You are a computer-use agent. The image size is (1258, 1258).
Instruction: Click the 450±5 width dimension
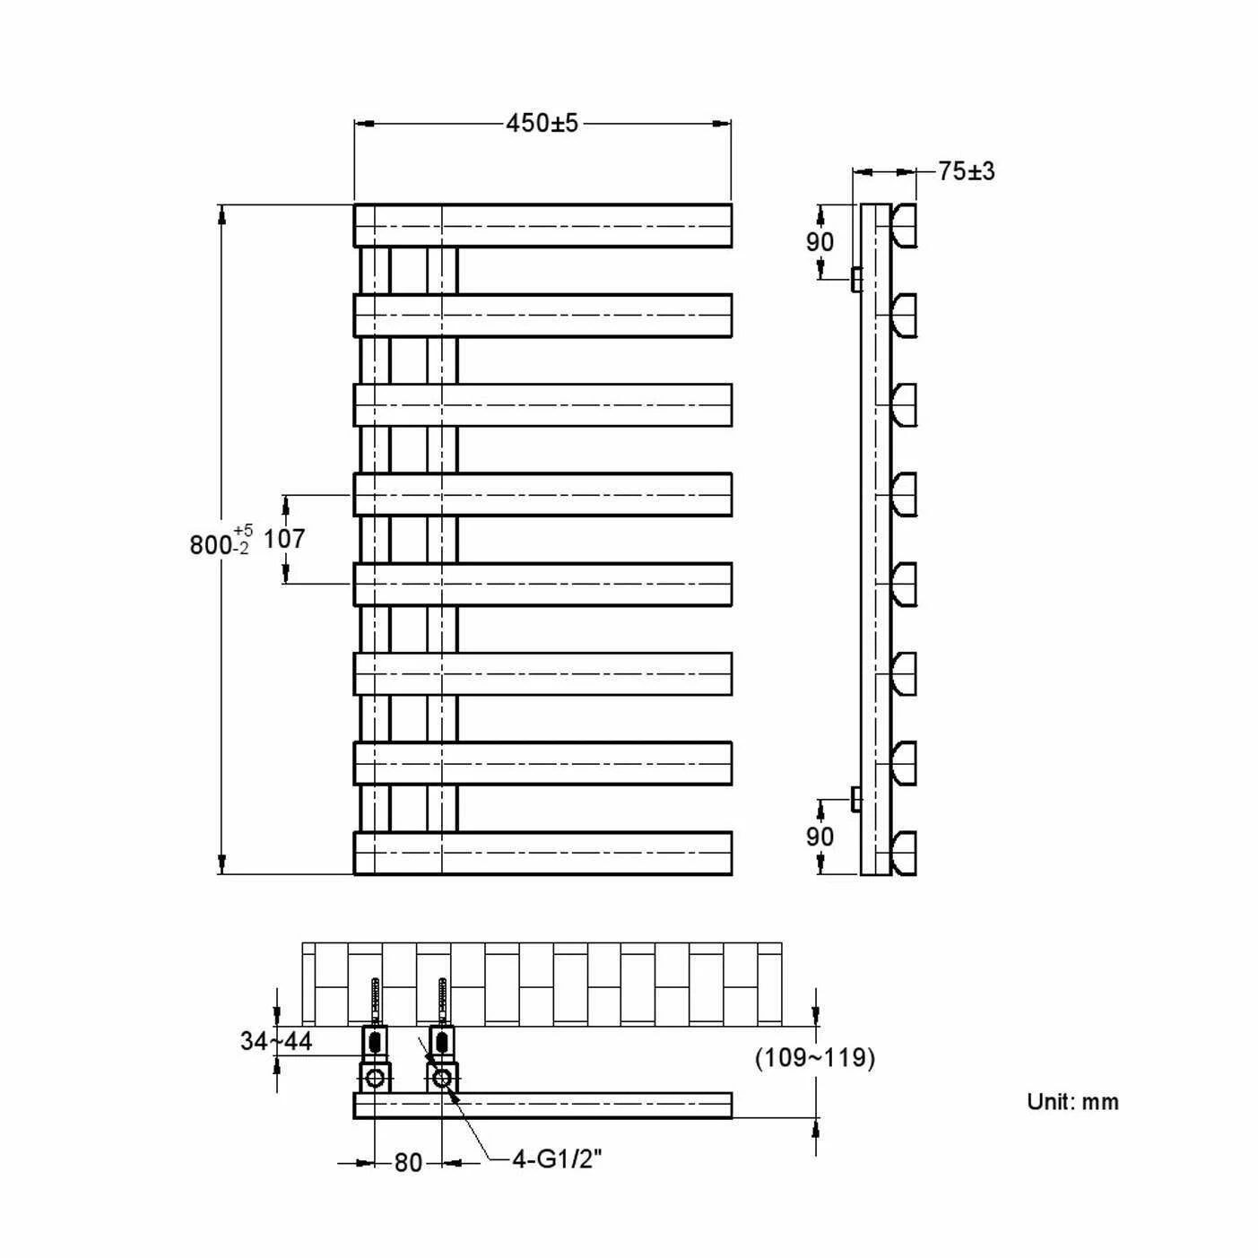pos(542,123)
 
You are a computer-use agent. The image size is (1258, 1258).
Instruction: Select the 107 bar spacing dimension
pos(284,538)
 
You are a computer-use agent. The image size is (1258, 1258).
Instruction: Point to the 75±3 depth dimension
pos(966,170)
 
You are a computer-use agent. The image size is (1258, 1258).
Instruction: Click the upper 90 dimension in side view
pos(820,241)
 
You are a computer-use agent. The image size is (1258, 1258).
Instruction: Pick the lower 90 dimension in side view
pos(820,836)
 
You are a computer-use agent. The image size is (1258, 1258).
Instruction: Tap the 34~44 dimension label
pos(275,1040)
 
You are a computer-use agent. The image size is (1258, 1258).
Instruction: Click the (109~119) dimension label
pos(814,1057)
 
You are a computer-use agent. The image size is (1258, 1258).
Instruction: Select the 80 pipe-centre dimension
pos(408,1162)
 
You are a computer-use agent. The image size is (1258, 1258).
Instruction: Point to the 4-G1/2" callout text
pos(556,1159)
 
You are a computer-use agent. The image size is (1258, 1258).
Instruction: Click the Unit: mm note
pos(1072,1101)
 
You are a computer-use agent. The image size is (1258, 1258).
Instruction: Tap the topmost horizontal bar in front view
pos(542,225)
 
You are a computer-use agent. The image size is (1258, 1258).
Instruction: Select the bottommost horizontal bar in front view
pos(542,853)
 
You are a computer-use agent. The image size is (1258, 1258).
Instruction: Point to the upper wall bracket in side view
pos(855,278)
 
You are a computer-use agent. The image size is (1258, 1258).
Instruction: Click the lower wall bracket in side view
pos(855,797)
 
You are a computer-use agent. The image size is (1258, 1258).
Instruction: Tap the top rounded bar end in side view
pos(904,225)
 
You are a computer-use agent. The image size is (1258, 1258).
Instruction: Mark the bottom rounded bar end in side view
pos(904,853)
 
